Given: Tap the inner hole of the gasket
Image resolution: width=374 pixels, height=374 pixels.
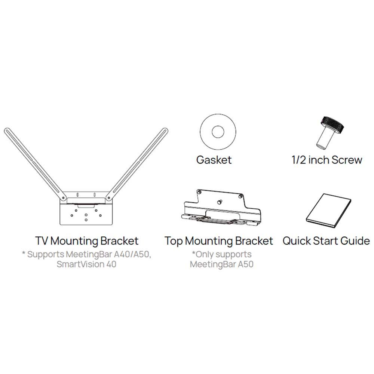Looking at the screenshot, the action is (x=218, y=132).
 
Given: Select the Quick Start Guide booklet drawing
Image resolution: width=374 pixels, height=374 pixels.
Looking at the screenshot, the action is (x=328, y=211).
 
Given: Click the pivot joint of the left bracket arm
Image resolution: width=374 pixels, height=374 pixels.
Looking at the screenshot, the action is (x=64, y=198).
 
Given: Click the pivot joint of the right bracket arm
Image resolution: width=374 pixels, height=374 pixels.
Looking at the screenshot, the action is (x=108, y=198).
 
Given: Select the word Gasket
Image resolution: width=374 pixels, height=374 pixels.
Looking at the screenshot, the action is (x=214, y=160).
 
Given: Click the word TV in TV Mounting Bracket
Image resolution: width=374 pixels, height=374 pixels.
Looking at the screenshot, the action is (x=42, y=240).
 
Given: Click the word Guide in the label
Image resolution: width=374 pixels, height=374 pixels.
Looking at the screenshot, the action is (x=355, y=240).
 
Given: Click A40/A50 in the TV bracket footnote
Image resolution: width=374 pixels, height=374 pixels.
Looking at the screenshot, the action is (x=132, y=254).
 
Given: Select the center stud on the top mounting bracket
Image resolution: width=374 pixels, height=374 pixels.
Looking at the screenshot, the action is (x=219, y=202).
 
